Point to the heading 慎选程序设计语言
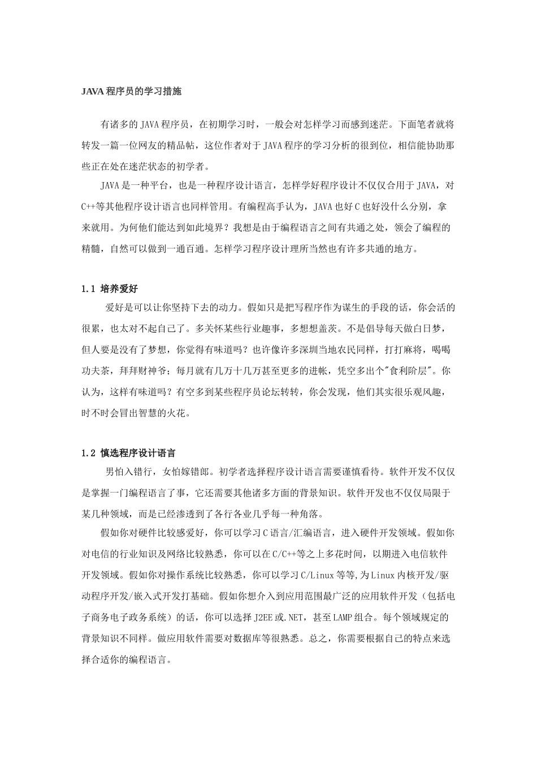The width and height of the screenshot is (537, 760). (x=138, y=453)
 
